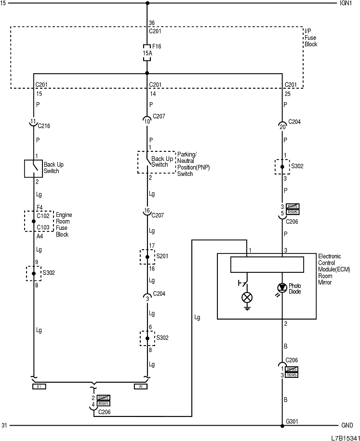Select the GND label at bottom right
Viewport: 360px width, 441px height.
(347, 426)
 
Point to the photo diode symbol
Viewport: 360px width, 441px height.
(281, 288)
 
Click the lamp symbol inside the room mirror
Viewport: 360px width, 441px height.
(247, 297)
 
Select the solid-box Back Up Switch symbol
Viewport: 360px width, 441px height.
(33, 168)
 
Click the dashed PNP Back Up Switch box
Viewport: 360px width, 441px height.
(156, 162)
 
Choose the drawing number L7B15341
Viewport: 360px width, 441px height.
(344, 438)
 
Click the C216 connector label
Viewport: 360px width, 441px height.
(44, 126)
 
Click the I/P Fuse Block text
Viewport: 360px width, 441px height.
(311, 37)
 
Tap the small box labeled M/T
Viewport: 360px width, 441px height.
(39, 386)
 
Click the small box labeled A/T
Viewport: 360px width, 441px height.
(141, 386)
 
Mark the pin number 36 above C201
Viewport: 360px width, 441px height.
(152, 23)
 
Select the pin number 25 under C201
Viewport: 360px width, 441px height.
(288, 94)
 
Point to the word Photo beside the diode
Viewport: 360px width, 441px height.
(294, 286)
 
